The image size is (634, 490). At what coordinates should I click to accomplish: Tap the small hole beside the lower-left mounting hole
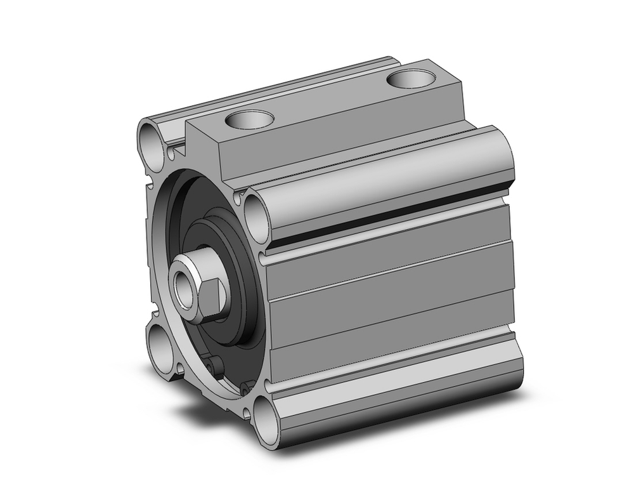pos(180,367)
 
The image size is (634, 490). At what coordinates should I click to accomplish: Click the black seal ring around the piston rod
pos(238,279)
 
